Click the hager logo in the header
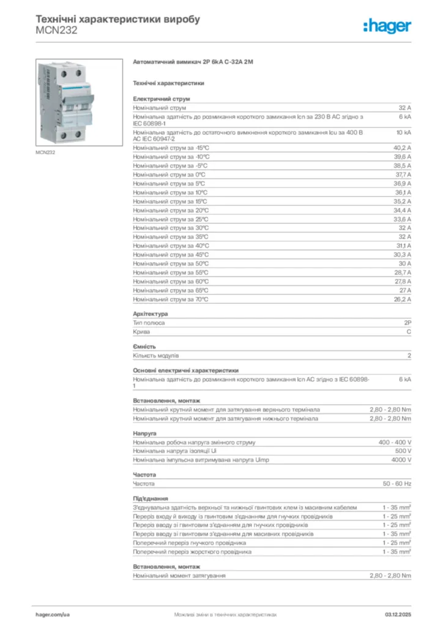point(387,25)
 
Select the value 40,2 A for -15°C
point(402,148)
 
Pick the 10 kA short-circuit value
point(403,132)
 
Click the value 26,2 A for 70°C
point(402,299)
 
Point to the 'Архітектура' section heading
point(150,313)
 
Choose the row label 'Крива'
point(141,331)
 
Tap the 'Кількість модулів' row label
point(156,355)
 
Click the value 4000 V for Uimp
point(401,459)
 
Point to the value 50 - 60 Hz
point(397,484)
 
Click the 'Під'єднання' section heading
point(150,498)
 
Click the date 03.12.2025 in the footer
point(398,614)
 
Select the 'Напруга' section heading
point(144,433)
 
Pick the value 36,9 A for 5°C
point(402,183)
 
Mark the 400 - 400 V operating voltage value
point(395,441)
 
